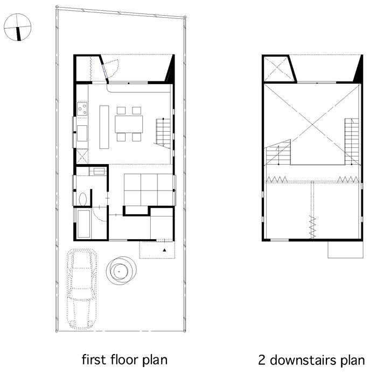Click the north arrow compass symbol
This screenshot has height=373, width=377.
(x=18, y=27)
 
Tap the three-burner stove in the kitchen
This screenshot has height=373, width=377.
(x=82, y=109)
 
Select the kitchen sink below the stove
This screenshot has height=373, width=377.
(x=82, y=133)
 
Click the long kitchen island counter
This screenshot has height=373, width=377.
(x=104, y=127)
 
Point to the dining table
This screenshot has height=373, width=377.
(x=129, y=124)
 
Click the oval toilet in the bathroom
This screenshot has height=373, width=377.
(x=83, y=199)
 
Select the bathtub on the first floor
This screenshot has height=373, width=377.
(x=84, y=224)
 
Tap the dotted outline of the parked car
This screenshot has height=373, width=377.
(x=82, y=289)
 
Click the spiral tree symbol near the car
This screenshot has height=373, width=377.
(x=121, y=271)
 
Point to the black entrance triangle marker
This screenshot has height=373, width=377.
(x=164, y=250)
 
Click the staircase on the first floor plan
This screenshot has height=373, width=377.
(x=163, y=133)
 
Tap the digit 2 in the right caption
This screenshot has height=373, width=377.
(x=262, y=361)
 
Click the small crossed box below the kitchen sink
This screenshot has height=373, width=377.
(x=82, y=156)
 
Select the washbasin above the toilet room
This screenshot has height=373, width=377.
(x=98, y=171)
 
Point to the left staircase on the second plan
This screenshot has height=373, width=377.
(x=278, y=152)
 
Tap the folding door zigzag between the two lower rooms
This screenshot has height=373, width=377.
(x=312, y=227)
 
